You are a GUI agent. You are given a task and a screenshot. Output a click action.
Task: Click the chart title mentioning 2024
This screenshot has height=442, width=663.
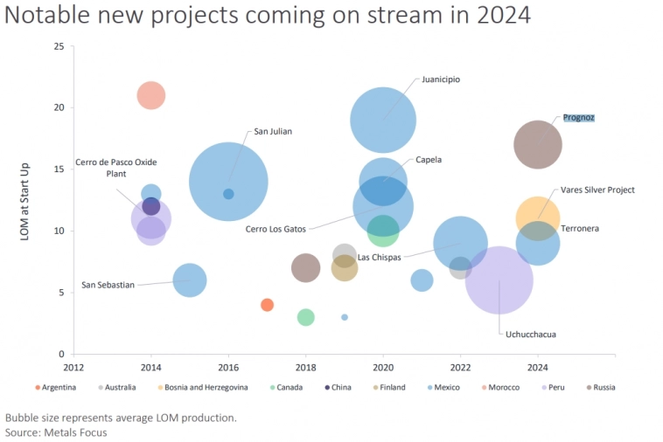pos(267,16)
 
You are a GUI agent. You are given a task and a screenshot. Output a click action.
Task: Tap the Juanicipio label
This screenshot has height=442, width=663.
pos(440,79)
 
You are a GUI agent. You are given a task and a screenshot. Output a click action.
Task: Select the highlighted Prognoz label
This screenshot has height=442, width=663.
pos(578,117)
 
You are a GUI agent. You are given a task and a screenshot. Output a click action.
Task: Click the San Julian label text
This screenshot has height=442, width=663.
pos(273,132)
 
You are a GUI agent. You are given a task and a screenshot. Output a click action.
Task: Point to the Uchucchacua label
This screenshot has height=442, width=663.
pos(530,334)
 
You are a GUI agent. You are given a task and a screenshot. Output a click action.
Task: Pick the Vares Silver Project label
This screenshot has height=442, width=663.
pos(597,190)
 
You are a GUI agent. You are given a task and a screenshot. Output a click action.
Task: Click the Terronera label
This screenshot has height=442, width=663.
pos(594,229)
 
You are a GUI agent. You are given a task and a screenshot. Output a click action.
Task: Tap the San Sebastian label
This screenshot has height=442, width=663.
pos(108,285)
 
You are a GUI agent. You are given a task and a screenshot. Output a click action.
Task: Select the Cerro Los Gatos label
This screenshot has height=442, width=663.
pos(276,229)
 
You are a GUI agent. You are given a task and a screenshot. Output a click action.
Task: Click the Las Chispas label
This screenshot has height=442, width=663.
pos(380,258)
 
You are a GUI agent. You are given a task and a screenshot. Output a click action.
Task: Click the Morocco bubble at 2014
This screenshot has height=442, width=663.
pos(151,95)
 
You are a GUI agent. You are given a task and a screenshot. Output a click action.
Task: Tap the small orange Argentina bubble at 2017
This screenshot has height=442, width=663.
pos(267,305)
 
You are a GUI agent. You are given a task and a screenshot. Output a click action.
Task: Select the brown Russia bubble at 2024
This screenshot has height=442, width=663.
pos(538,144)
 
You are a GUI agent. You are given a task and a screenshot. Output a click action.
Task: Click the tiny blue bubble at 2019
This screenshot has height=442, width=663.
pos(345,317)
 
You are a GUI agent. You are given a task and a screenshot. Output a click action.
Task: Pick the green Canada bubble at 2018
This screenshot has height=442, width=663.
pos(305,317)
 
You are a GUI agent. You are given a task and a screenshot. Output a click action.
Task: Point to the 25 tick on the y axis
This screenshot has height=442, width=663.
pos(59,46)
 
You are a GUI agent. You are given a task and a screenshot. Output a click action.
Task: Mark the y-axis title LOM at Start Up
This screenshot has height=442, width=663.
pos(25,200)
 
